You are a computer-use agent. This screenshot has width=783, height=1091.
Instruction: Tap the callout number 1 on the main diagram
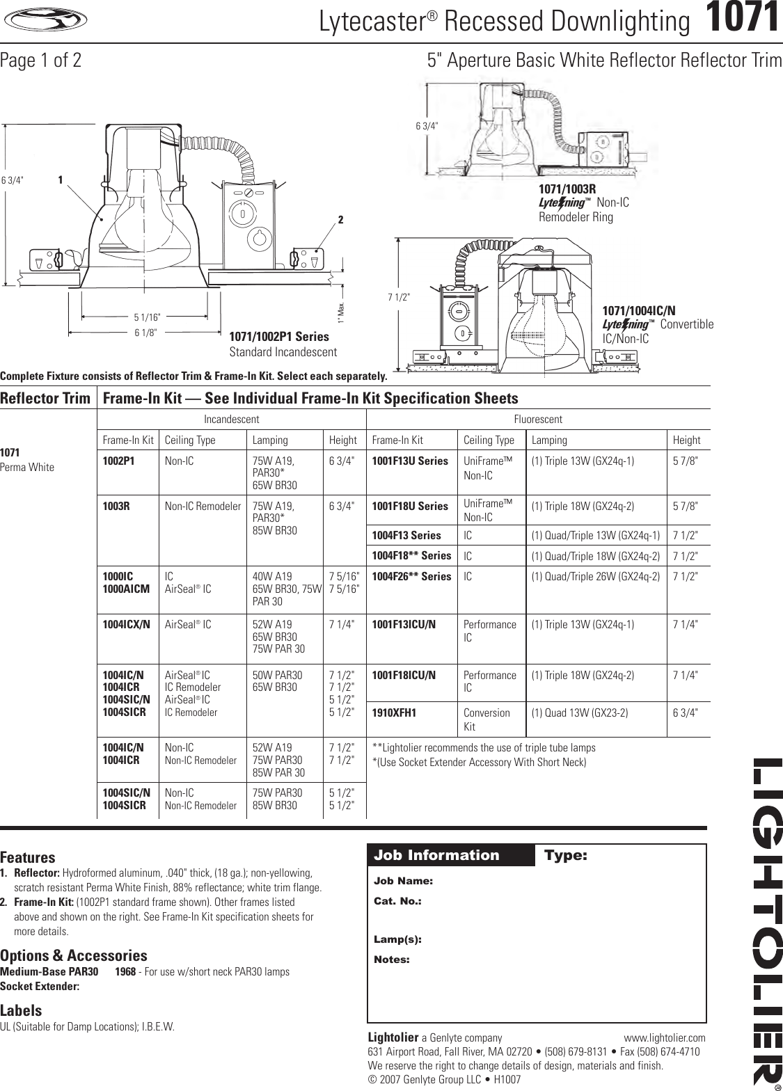pyautogui.click(x=61, y=180)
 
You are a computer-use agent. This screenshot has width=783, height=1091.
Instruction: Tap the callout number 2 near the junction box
pyautogui.click(x=341, y=220)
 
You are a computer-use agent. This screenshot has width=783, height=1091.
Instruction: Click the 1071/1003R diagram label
pyautogui.click(x=567, y=189)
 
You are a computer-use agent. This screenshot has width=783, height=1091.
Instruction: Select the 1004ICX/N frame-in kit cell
pyautogui.click(x=126, y=624)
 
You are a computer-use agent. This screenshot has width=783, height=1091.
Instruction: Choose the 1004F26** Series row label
pyautogui.click(x=411, y=576)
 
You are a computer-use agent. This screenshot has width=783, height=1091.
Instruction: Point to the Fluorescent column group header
pyautogui.click(x=537, y=420)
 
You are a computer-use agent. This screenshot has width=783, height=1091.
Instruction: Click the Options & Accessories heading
pyautogui.click(x=74, y=955)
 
